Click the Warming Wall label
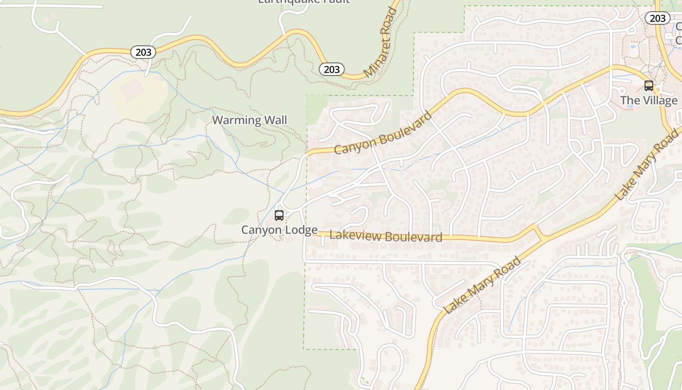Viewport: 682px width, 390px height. point(249,120)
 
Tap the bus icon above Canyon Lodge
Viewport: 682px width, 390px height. point(279,215)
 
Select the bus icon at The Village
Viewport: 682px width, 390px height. point(649,86)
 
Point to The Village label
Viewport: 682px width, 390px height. point(648,100)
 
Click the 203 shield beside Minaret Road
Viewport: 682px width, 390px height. point(332,69)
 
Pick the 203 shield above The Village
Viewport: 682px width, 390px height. point(658,19)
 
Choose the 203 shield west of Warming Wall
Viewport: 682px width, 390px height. point(143,52)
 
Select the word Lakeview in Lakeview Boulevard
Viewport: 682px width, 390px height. point(351,234)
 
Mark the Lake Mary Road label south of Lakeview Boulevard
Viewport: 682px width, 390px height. point(482,285)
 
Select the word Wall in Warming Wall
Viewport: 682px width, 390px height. point(275,120)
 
